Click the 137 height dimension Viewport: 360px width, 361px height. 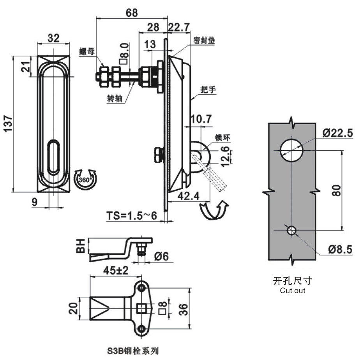pyautogui.click(x=9, y=123)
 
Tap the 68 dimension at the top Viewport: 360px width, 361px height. pyautogui.click(x=132, y=13)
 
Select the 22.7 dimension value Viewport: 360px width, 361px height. pyautogui.click(x=179, y=27)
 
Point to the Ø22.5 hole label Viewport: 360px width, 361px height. pyautogui.click(x=337, y=133)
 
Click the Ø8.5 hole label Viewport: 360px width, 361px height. pyautogui.click(x=340, y=250)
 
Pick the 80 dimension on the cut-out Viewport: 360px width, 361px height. pyautogui.click(x=337, y=190)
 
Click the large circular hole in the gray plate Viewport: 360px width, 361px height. pyautogui.click(x=291, y=150)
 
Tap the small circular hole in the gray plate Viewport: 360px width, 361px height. pyautogui.click(x=291, y=230)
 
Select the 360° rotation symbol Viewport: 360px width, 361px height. pyautogui.click(x=85, y=180)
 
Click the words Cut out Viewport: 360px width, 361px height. pyautogui.click(x=292, y=291)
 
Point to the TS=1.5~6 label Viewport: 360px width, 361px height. pyautogui.click(x=132, y=216)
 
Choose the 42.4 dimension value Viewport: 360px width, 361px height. pyautogui.click(x=189, y=196)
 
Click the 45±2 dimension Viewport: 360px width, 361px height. pyautogui.click(x=116, y=271)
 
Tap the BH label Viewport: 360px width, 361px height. pyautogui.click(x=81, y=246)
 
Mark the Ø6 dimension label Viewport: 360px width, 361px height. pyautogui.click(x=161, y=256)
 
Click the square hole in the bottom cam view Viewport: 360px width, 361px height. pyautogui.click(x=142, y=308)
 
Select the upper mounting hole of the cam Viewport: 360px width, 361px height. pyautogui.click(x=141, y=288)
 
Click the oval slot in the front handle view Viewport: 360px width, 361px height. pyautogui.click(x=53, y=157)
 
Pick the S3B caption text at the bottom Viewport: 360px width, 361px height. pyautogui.click(x=133, y=351)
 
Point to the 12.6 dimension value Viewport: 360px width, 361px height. pyautogui.click(x=226, y=156)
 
